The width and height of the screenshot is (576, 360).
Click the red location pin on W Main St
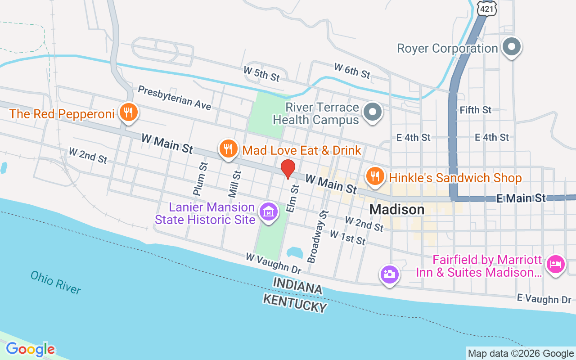[x=288, y=169]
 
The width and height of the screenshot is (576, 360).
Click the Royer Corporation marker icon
[x=512, y=46]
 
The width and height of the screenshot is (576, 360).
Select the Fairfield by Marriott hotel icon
[x=556, y=264]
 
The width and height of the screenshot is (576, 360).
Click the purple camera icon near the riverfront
[x=389, y=274]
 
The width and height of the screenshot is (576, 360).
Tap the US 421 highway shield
[x=485, y=8]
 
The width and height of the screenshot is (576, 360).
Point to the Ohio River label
[x=56, y=283]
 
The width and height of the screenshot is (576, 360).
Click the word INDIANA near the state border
[x=298, y=286]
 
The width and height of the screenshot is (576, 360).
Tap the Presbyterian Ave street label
[x=174, y=98]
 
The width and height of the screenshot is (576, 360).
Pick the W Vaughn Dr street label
[x=273, y=263]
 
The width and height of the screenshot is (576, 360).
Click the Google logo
[x=30, y=349]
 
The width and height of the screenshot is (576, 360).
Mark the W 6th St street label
[x=352, y=70]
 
